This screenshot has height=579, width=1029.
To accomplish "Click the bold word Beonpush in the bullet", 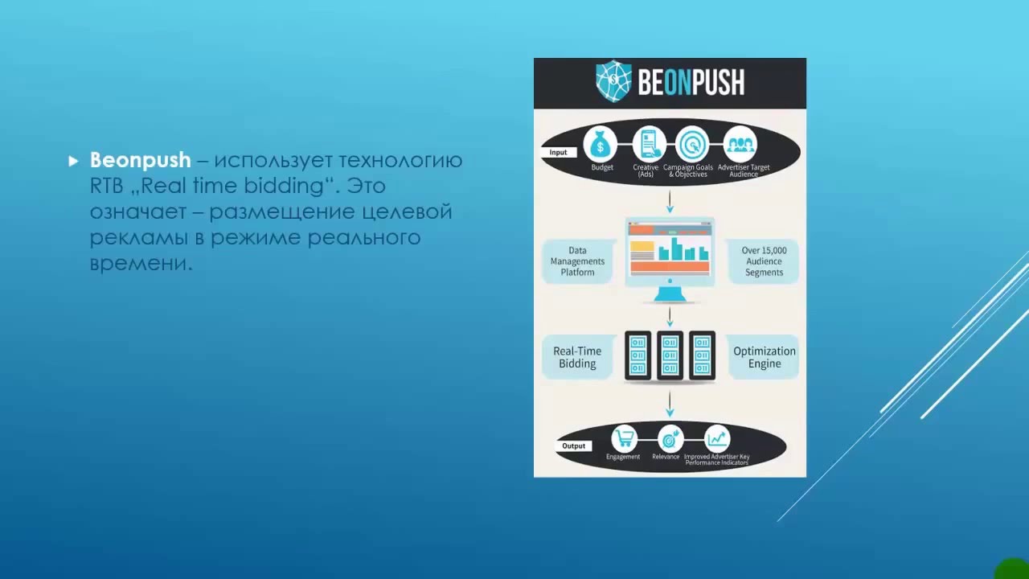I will pyautogui.click(x=141, y=160).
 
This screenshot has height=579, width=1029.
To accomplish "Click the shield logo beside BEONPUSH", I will pyautogui.click(x=613, y=82).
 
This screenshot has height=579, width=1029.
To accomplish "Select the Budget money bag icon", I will pyautogui.click(x=601, y=145).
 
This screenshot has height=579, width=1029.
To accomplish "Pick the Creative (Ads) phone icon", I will pyautogui.click(x=648, y=145).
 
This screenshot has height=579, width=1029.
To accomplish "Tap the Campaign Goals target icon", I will pyautogui.click(x=691, y=145).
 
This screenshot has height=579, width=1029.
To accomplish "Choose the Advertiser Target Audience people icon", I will pyautogui.click(x=740, y=145).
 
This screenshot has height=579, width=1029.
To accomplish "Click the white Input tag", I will pyautogui.click(x=559, y=152).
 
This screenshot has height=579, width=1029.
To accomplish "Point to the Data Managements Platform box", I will pyautogui.click(x=577, y=261).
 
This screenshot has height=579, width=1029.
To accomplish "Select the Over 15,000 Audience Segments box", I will pyautogui.click(x=764, y=261).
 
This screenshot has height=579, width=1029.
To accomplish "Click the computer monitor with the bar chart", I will pyautogui.click(x=670, y=253).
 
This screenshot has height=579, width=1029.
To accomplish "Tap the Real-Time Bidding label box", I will pyautogui.click(x=577, y=358).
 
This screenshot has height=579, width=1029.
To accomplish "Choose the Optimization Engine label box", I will pyautogui.click(x=764, y=358).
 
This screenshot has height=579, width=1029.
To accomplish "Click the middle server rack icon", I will pyautogui.click(x=670, y=355).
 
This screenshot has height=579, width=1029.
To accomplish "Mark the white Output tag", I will pyautogui.click(x=574, y=446).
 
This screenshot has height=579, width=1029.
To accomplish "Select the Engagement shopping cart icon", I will pyautogui.click(x=624, y=438).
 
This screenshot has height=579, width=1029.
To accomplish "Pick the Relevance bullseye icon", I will pyautogui.click(x=670, y=438).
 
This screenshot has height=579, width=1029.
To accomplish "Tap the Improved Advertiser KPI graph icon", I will pyautogui.click(x=716, y=438).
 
